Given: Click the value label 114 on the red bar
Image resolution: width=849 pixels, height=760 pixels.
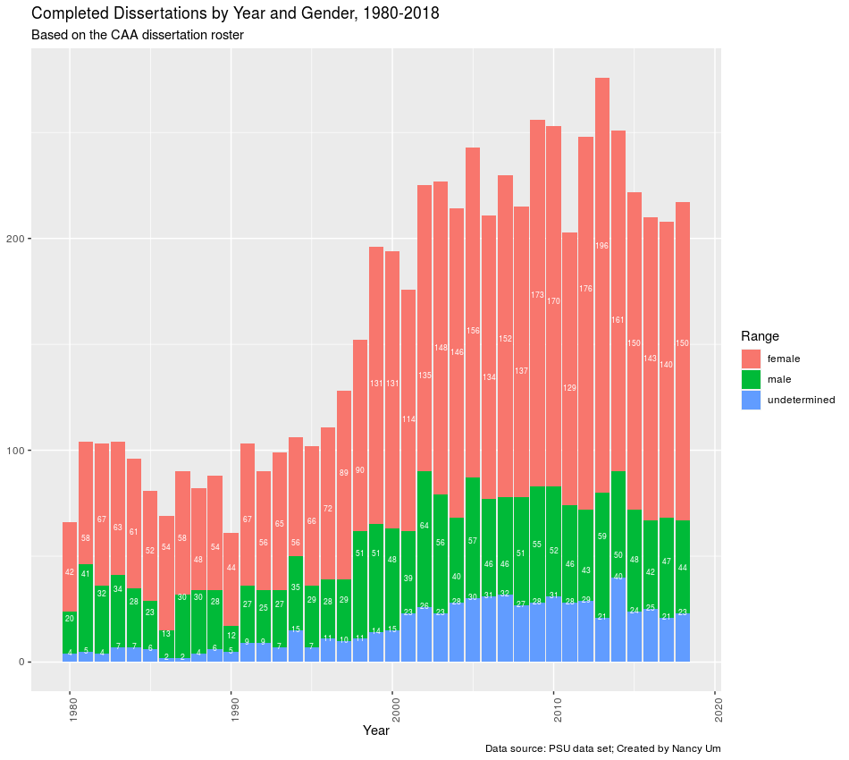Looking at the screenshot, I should click(x=408, y=419).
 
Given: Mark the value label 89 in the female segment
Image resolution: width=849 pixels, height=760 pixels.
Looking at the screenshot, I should click(x=344, y=473).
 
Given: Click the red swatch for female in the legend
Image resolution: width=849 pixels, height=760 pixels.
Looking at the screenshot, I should click(x=751, y=359).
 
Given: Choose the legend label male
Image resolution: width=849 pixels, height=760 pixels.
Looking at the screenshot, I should click(x=779, y=380).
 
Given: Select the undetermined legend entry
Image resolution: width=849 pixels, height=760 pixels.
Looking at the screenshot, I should click(x=801, y=400).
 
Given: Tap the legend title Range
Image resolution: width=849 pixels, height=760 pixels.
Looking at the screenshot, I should click(x=760, y=336).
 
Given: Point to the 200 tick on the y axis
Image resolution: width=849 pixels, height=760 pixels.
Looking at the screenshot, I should click(x=18, y=239).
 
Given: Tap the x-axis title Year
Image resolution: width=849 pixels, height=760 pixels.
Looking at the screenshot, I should click(x=375, y=730).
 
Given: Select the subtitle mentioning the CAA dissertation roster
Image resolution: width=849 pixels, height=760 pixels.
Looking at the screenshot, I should click(x=137, y=35).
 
